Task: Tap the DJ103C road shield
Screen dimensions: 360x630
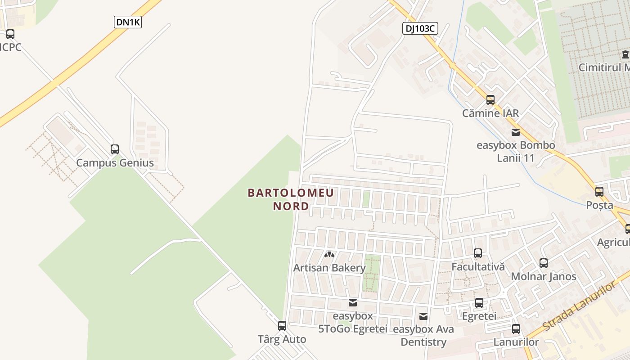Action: click(x=419, y=28)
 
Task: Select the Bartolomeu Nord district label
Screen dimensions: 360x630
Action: click(x=291, y=199)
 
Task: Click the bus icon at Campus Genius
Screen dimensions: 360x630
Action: click(x=115, y=149)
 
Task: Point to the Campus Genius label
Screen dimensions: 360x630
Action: click(x=115, y=163)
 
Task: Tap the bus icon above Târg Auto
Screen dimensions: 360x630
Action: click(x=282, y=325)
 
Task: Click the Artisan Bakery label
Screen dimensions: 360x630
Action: click(x=329, y=268)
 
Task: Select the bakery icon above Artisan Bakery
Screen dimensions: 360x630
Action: click(x=329, y=255)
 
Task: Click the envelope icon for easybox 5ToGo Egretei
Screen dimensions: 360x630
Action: click(x=353, y=303)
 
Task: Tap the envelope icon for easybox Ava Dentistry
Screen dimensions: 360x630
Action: click(x=423, y=316)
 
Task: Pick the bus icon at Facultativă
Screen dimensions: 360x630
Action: click(x=478, y=253)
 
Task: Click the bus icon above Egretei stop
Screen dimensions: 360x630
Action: click(x=479, y=303)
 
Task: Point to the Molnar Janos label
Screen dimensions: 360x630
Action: click(x=543, y=276)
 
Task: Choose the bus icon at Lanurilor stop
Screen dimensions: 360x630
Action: click(x=516, y=329)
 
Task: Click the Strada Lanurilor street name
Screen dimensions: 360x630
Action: click(x=578, y=306)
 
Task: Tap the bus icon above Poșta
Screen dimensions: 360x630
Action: click(x=599, y=192)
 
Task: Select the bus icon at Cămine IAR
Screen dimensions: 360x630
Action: click(x=490, y=100)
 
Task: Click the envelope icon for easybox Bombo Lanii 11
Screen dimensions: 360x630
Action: click(x=516, y=132)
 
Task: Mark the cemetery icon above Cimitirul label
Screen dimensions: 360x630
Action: click(x=625, y=54)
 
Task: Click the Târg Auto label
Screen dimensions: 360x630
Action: click(x=282, y=339)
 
